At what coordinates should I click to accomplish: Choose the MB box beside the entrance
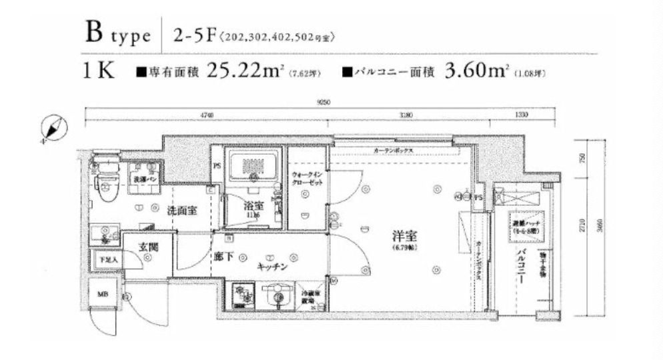coord(104,294)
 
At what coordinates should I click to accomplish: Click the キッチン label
coord(273,266)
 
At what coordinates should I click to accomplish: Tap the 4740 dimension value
coord(207,115)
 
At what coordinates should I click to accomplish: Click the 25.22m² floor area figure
coord(243,70)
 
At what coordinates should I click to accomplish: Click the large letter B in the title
coord(93,32)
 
